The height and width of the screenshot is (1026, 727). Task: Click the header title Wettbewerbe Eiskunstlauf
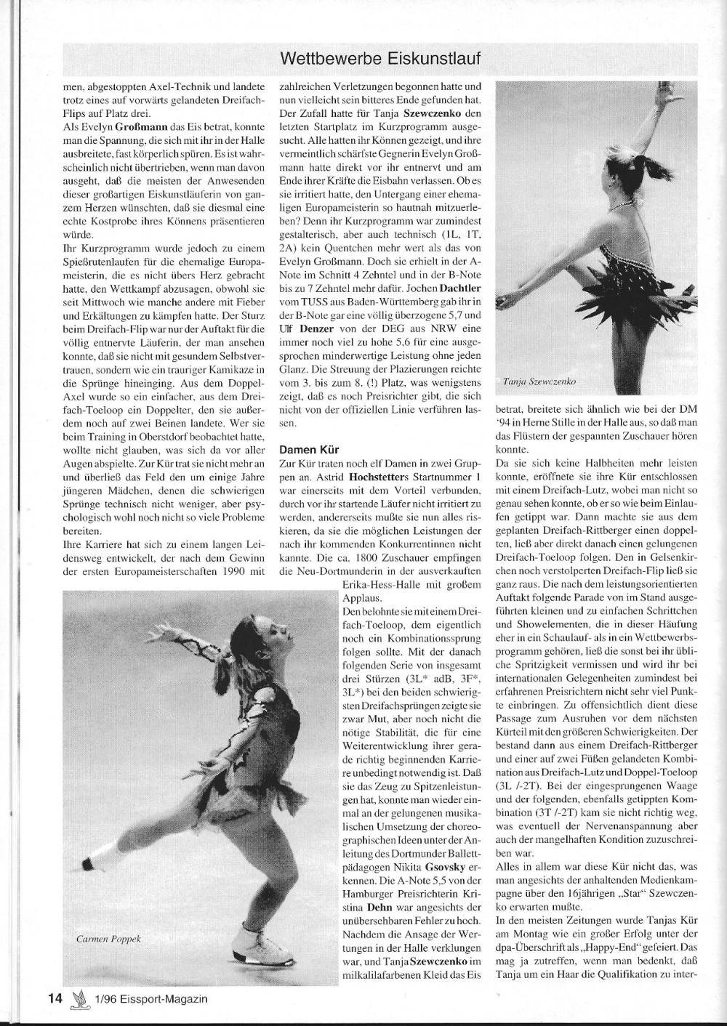click(380, 57)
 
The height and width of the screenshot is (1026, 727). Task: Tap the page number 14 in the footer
click(54, 998)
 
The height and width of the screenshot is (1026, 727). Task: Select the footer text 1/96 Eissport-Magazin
click(150, 998)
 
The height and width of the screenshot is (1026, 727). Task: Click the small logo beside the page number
click(77, 998)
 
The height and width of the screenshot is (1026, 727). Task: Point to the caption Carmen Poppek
click(108, 939)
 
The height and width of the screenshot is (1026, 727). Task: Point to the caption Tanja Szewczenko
click(540, 380)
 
